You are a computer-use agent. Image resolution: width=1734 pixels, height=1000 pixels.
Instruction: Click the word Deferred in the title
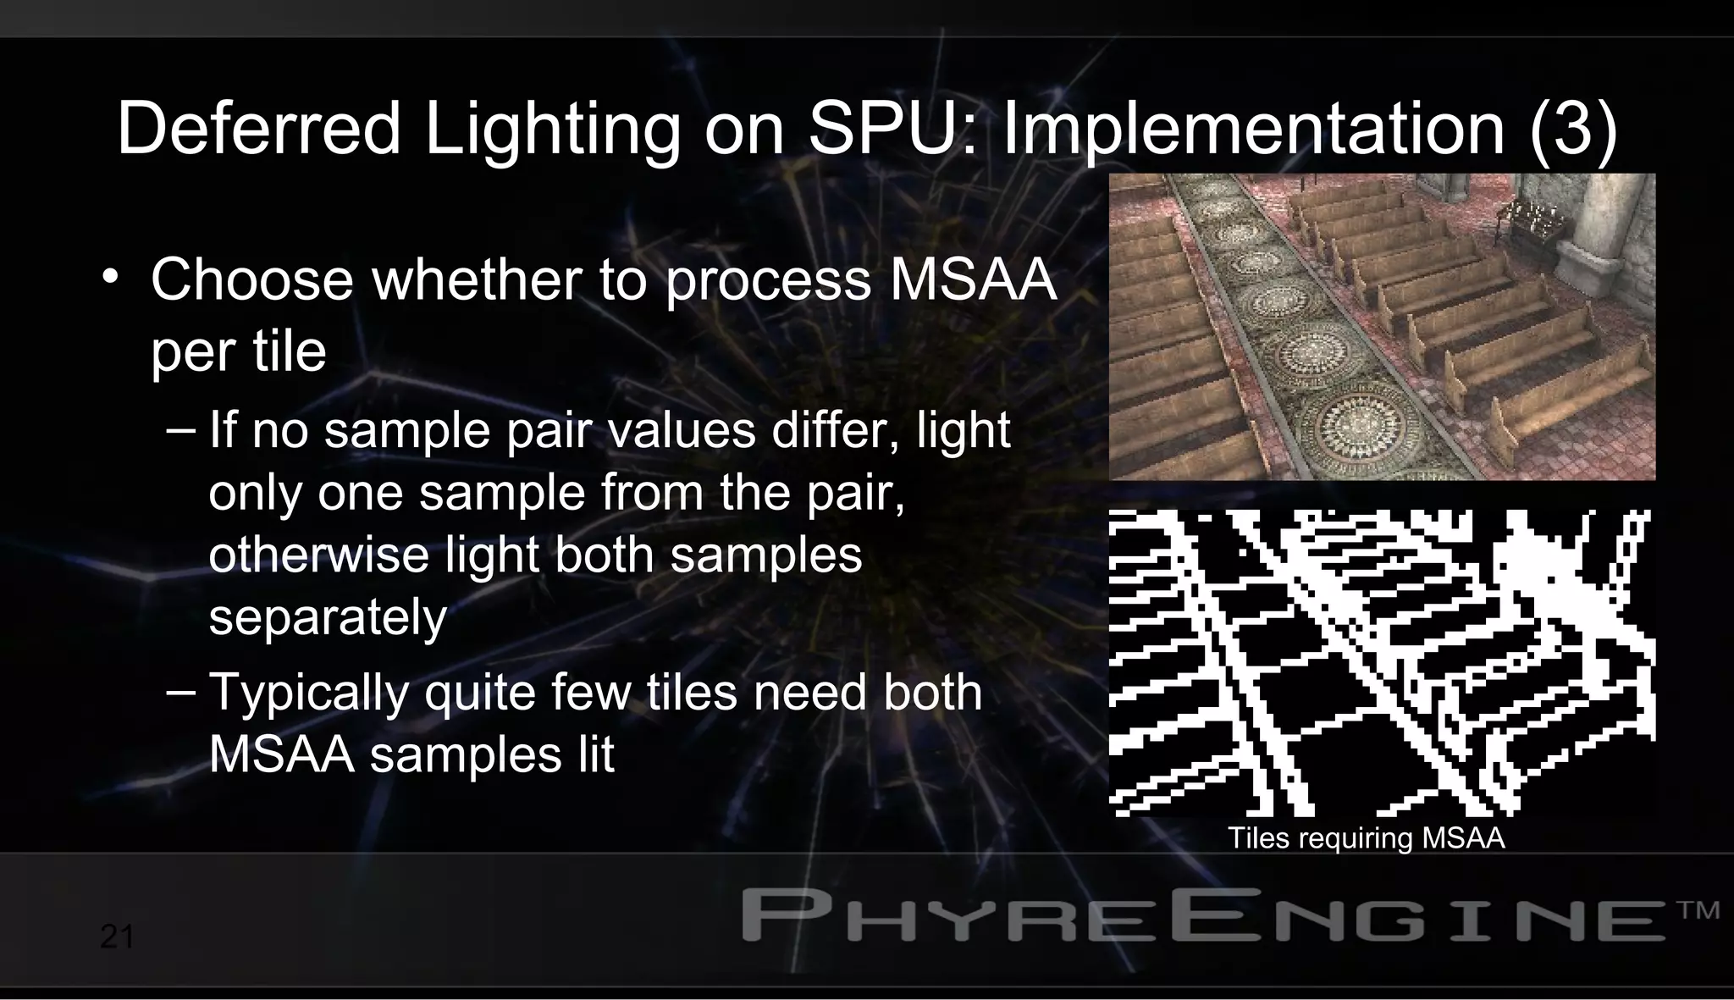click(258, 129)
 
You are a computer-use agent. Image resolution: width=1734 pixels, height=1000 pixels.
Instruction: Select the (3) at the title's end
click(1573, 129)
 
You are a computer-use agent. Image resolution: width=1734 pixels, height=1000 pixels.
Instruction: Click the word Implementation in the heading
click(1253, 129)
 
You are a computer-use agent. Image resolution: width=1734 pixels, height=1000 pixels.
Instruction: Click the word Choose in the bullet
click(251, 279)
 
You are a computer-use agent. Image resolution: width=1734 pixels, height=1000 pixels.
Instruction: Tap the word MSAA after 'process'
click(973, 279)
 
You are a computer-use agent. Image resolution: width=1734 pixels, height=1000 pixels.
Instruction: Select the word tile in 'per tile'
click(287, 351)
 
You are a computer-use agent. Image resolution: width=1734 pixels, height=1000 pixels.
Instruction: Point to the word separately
click(328, 617)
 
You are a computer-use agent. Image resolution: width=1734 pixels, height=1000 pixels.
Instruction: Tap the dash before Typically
click(180, 691)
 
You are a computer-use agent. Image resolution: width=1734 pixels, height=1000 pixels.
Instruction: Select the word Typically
click(309, 693)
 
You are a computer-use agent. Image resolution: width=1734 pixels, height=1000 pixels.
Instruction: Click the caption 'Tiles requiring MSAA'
click(1366, 838)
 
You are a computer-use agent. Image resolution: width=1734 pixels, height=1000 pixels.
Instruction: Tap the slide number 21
click(117, 937)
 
